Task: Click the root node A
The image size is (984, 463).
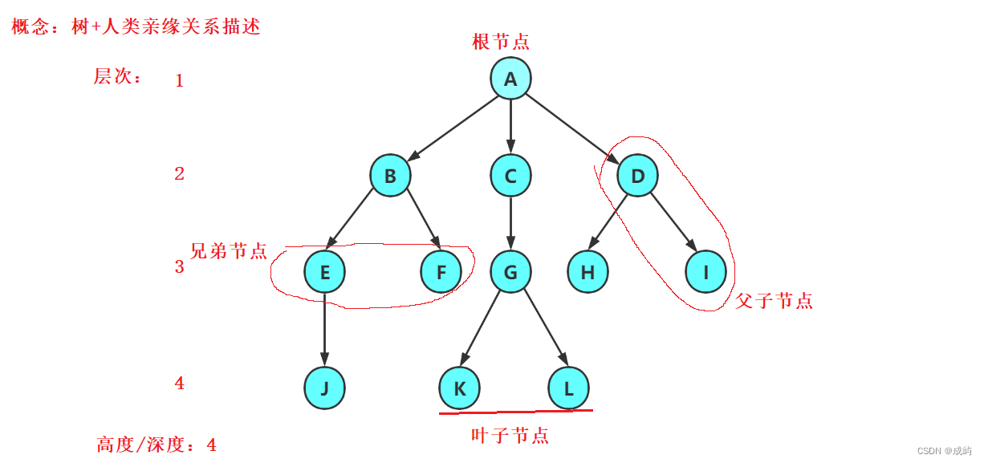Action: point(510,79)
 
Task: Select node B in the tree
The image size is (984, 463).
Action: point(390,176)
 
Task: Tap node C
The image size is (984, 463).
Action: point(510,176)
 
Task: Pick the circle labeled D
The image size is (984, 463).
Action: point(637,176)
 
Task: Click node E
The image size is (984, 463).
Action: point(324,272)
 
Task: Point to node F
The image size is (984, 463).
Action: point(441,272)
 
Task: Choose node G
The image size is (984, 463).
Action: point(510,272)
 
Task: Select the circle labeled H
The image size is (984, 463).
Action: point(588,272)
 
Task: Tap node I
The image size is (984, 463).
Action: point(706,272)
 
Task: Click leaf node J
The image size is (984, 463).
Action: point(324,388)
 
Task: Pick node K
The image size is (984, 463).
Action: point(459,388)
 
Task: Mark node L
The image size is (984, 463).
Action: point(568,388)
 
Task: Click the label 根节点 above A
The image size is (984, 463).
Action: point(501,42)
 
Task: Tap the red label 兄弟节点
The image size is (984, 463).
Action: point(229,251)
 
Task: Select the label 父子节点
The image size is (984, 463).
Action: point(774,302)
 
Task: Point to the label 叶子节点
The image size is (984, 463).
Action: point(510,436)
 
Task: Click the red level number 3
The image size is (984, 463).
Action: point(179,266)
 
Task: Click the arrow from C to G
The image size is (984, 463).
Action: point(510,224)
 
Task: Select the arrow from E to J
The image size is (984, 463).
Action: point(324,330)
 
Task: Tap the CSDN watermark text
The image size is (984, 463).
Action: point(945,451)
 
